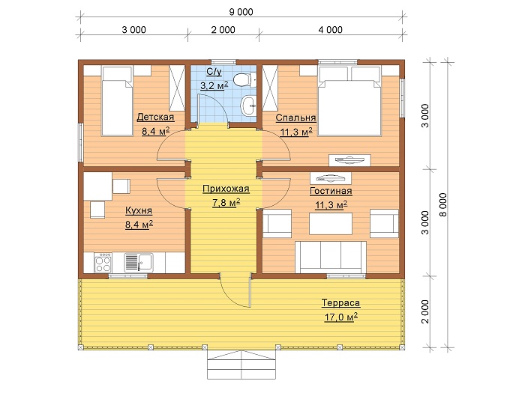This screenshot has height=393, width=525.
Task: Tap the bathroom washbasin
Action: click(248, 106)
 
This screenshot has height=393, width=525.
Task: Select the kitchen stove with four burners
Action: click(103, 263)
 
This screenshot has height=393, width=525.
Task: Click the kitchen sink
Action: click(139, 263)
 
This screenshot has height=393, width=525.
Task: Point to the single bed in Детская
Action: click(117, 101)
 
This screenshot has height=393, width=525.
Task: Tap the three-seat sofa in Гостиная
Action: click(331, 258)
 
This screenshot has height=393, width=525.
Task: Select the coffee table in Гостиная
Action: click(331, 224)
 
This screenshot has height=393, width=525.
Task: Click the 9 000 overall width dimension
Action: click(241, 12)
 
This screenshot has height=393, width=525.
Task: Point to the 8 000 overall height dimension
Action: click(443, 204)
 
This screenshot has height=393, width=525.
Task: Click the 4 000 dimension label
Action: click(331, 30)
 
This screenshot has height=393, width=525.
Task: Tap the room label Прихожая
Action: click(226, 189)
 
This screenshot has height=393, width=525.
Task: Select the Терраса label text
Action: click(340, 303)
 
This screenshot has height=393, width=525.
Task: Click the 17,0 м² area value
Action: click(340, 317)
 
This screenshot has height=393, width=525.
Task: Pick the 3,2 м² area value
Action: click(214, 85)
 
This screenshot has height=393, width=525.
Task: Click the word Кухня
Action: click(139, 210)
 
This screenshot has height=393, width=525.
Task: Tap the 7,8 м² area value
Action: click(226, 203)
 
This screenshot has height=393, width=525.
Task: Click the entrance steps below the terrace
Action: click(241, 365)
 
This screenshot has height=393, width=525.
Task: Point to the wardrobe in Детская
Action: click(177, 88)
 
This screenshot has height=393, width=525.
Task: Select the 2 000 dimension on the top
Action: click(223, 30)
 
